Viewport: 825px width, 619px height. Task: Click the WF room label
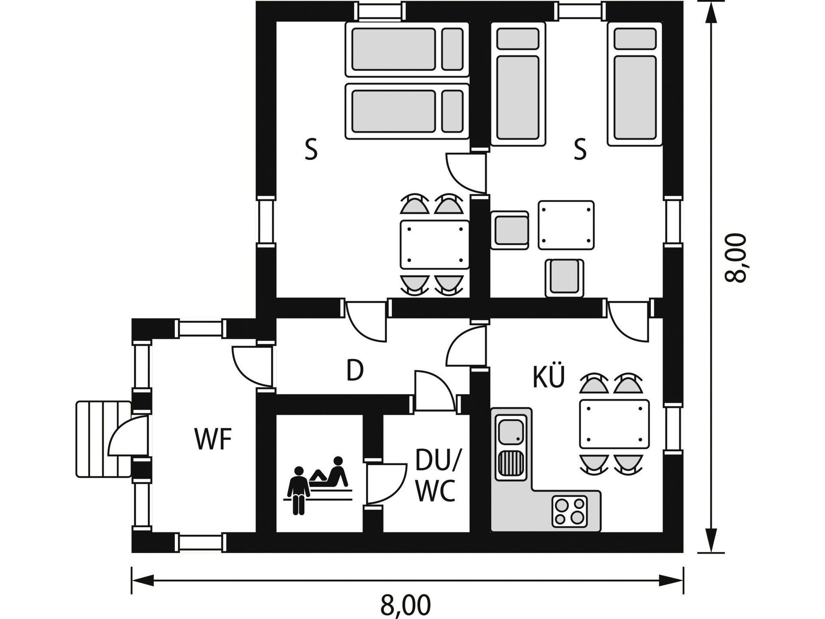click(213, 439)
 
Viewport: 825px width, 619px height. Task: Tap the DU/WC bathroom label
click(437, 476)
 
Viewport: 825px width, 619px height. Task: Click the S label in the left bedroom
click(311, 150)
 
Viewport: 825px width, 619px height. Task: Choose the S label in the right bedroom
click(580, 150)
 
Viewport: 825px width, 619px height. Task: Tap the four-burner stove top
click(570, 511)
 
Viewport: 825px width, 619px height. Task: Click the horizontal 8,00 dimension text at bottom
click(405, 605)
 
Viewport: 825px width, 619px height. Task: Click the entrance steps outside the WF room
click(104, 439)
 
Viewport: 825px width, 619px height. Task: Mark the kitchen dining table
click(614, 424)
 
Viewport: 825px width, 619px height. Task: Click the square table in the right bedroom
click(566, 225)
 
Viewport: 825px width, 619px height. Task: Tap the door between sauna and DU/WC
click(385, 484)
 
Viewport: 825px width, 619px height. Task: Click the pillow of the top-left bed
click(452, 49)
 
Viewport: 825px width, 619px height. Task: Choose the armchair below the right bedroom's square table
click(565, 277)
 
